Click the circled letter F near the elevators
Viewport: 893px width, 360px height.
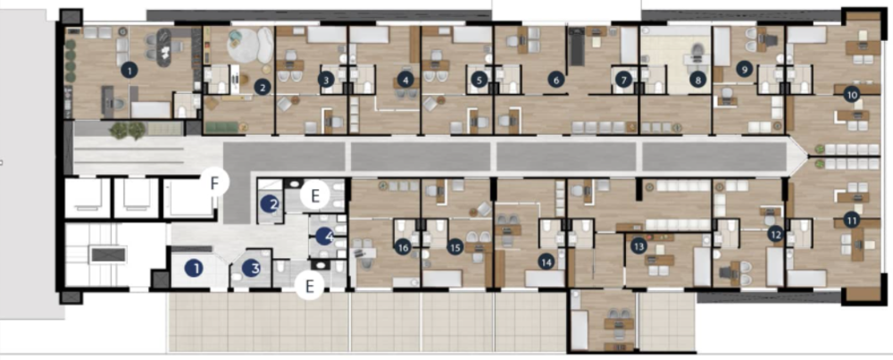click(214, 182)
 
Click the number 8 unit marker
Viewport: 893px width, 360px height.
click(697, 80)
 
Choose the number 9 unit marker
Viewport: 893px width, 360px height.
click(744, 67)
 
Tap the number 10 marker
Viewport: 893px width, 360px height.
click(851, 93)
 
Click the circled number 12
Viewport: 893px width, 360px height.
click(775, 234)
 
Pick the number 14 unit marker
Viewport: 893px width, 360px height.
click(546, 261)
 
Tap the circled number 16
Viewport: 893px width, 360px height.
click(404, 247)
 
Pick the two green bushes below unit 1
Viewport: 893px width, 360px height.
click(127, 130)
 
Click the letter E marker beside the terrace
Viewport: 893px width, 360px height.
click(309, 286)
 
